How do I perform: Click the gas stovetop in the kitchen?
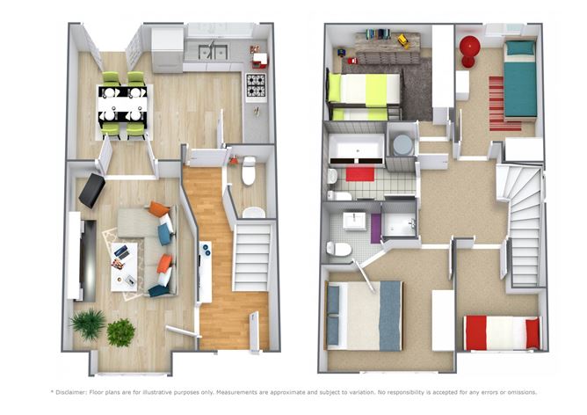[256, 85]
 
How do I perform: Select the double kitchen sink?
[213, 52]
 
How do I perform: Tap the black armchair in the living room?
[91, 190]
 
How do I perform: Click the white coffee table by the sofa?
[124, 266]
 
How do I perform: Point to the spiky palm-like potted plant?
[89, 324]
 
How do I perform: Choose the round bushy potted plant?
[121, 332]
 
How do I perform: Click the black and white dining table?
[122, 105]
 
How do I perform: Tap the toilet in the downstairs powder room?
[249, 171]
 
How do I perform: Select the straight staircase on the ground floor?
[251, 257]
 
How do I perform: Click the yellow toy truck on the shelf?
[404, 40]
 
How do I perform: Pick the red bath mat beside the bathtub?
[360, 174]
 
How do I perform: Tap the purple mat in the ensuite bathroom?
[376, 229]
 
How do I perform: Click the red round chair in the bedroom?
[469, 51]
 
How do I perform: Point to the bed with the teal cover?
[520, 80]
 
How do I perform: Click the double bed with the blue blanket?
[365, 316]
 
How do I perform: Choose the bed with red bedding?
[503, 333]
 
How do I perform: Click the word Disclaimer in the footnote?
[71, 392]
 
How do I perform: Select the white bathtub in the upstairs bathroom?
[357, 149]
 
